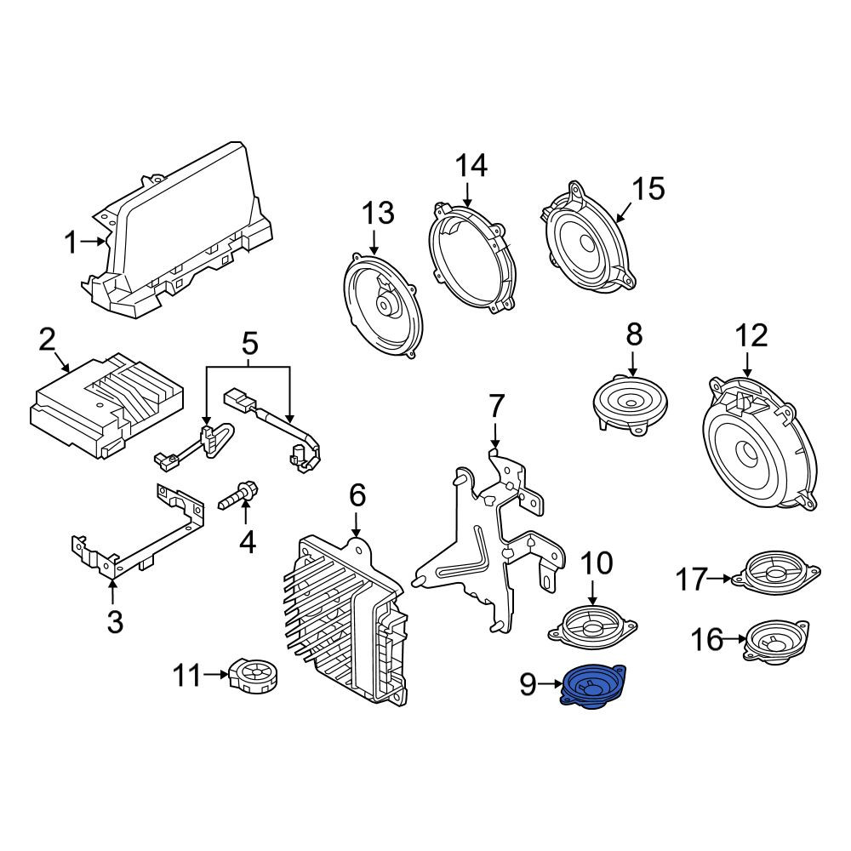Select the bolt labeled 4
pyautogui.click(x=238, y=495)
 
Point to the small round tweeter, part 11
pyautogui.click(x=254, y=675)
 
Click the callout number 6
pyautogui.click(x=357, y=495)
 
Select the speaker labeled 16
pyautogui.click(x=775, y=641)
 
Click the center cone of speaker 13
pyautogui.click(x=387, y=306)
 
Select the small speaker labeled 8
pyautogui.click(x=630, y=403)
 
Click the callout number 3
pyautogui.click(x=115, y=622)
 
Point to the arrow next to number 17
pyautogui.click(x=720, y=579)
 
